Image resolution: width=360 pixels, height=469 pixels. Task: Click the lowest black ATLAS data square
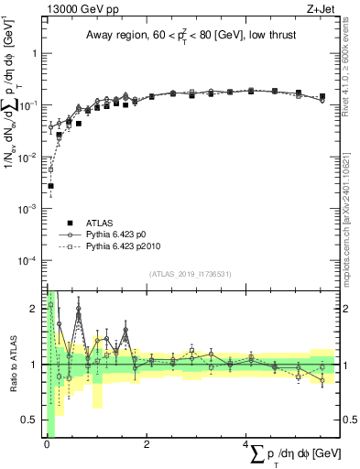pyautogui.click(x=50, y=186)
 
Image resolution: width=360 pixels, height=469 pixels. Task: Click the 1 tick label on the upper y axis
pyautogui.click(x=35, y=53)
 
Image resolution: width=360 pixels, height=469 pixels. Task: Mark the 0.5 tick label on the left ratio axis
pyautogui.click(x=30, y=420)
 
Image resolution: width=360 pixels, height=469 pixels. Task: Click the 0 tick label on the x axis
pyautogui.click(x=46, y=444)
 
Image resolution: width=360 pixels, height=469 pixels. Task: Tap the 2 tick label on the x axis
pyautogui.click(x=147, y=444)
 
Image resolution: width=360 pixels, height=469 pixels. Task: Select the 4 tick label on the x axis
pyautogui.click(x=248, y=444)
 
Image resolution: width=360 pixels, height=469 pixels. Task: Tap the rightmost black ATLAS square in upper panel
pyautogui.click(x=322, y=96)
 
